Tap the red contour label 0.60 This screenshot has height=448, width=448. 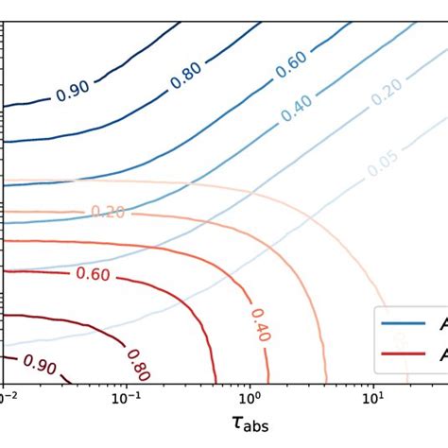[92, 275]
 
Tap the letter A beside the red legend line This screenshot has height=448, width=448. [441, 354]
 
